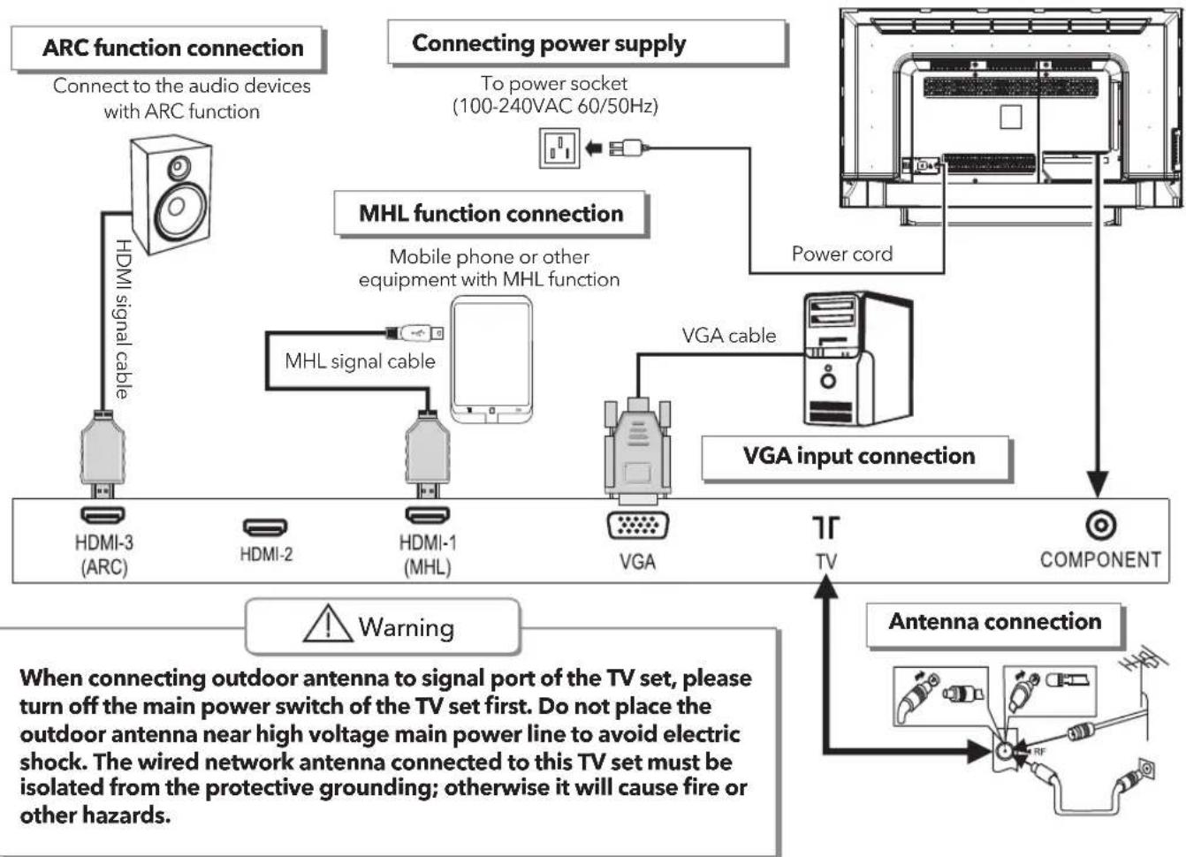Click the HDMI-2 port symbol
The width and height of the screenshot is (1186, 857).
(x=265, y=527)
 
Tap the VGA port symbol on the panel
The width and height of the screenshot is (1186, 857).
(x=637, y=526)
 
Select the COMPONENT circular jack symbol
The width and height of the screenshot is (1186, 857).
(x=1101, y=525)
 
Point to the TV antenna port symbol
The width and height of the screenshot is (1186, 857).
(x=825, y=527)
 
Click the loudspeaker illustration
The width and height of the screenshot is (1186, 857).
(x=171, y=194)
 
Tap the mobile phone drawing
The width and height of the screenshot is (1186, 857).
(x=491, y=360)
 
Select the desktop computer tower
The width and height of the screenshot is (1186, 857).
(x=858, y=359)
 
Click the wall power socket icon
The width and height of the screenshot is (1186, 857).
(x=559, y=148)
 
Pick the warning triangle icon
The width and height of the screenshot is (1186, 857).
(x=328, y=623)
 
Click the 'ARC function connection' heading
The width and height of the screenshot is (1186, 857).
(x=172, y=49)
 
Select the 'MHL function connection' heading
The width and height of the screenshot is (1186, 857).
(x=490, y=214)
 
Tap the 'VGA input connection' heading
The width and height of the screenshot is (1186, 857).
(x=858, y=456)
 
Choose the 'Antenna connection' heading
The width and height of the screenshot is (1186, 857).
(x=995, y=621)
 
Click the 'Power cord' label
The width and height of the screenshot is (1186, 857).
(x=842, y=254)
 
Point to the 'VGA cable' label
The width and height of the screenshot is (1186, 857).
(x=728, y=336)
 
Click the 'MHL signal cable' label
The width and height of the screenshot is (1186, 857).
(x=360, y=361)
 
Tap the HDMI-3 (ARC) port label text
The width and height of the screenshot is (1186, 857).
(x=104, y=555)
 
